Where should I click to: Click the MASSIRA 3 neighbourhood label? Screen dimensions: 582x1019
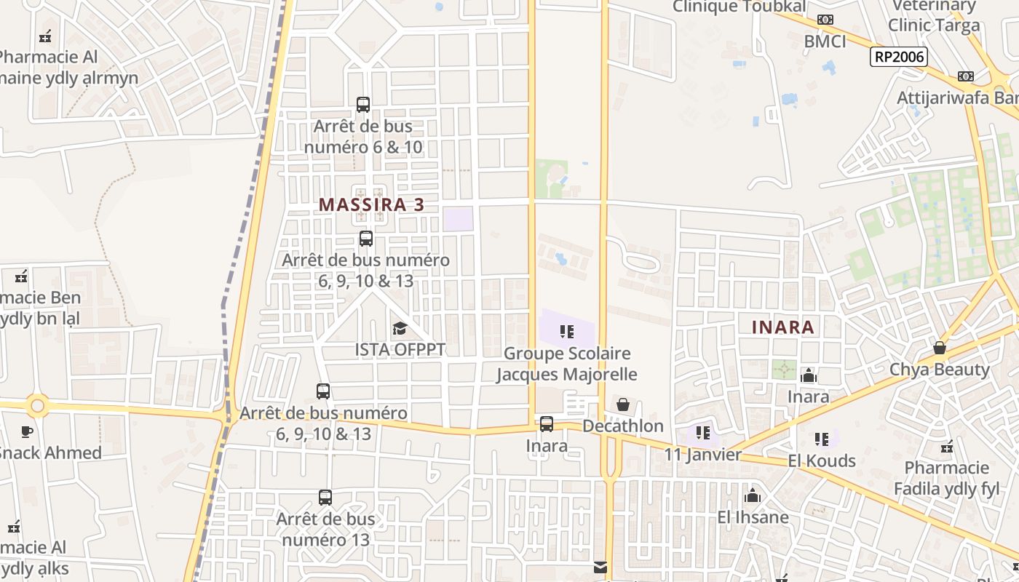(371, 204)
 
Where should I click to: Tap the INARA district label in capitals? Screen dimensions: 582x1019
(783, 327)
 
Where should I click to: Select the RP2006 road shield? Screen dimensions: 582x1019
(899, 57)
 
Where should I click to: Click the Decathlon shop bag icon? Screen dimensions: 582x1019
(623, 404)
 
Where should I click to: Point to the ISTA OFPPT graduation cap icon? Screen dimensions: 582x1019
(400, 329)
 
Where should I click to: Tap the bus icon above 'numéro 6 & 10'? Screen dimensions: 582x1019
(363, 105)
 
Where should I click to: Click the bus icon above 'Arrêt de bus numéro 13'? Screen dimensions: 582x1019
(325, 498)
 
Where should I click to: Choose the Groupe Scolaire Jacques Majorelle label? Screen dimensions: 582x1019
(567, 364)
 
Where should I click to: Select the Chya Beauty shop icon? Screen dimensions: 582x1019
(940, 348)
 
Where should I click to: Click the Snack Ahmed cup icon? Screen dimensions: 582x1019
(27, 431)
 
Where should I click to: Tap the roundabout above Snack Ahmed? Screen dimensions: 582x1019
(38, 405)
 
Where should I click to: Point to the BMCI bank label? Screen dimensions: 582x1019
(825, 41)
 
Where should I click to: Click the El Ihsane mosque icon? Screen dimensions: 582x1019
(753, 496)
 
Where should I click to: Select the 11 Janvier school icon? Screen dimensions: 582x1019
(702, 433)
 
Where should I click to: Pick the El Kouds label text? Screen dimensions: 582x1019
(822, 461)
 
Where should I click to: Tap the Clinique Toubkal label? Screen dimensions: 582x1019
(739, 7)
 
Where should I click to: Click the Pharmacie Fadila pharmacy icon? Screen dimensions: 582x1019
(947, 446)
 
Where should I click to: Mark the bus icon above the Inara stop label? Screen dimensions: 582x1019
(547, 423)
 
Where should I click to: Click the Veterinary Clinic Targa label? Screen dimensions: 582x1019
(934, 15)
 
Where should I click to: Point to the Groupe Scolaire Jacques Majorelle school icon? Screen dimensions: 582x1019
(567, 332)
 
